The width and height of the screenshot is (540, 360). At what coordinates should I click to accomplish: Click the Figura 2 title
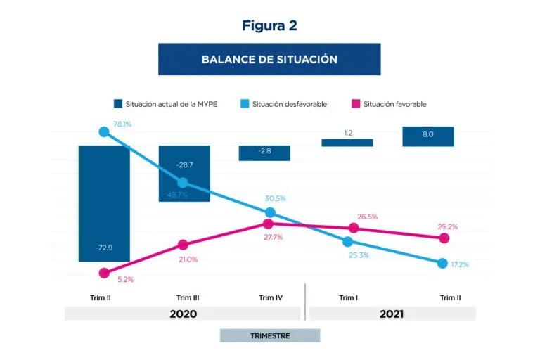pos(269,25)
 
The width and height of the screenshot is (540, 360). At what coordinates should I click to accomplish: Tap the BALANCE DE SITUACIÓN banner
pos(269,59)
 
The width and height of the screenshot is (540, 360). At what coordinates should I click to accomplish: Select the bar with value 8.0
pos(428,136)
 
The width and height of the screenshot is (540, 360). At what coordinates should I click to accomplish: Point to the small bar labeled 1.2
pos(347,143)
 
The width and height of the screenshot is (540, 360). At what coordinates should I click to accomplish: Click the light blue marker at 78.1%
pos(104,131)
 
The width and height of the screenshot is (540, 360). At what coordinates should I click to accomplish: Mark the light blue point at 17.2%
pos(442,263)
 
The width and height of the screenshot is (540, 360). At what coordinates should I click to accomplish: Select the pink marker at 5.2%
pos(104,273)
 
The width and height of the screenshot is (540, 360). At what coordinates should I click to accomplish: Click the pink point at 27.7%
pos(267,224)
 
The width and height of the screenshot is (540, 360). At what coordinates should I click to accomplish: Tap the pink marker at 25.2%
pos(444,238)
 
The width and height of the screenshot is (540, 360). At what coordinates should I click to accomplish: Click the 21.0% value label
pos(188,259)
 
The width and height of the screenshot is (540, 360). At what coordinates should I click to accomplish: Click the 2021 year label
pos(391,314)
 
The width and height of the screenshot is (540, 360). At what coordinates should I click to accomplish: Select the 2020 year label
pos(183,314)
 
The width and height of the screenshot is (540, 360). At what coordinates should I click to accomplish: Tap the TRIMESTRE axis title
pos(269,335)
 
